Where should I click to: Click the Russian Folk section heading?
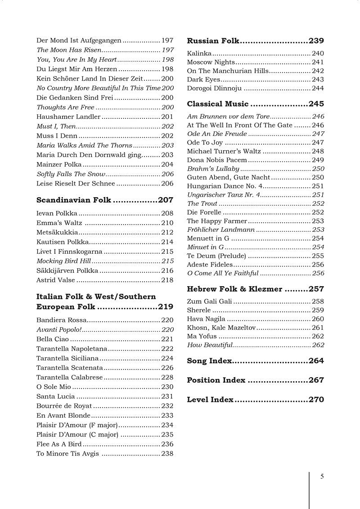click(x=213, y=41)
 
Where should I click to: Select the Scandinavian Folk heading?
click(x=73, y=200)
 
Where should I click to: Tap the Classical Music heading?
click(x=217, y=104)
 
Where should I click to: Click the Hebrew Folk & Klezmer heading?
click(x=234, y=289)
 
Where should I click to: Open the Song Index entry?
click(x=209, y=361)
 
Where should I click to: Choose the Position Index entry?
click(x=216, y=380)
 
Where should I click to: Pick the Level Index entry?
click(x=210, y=400)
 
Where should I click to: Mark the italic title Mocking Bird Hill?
click(x=63, y=261)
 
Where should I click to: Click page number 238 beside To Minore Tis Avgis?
click(x=167, y=454)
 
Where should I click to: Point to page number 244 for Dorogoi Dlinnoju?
click(x=318, y=88)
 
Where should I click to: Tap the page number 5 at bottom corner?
click(x=322, y=477)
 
